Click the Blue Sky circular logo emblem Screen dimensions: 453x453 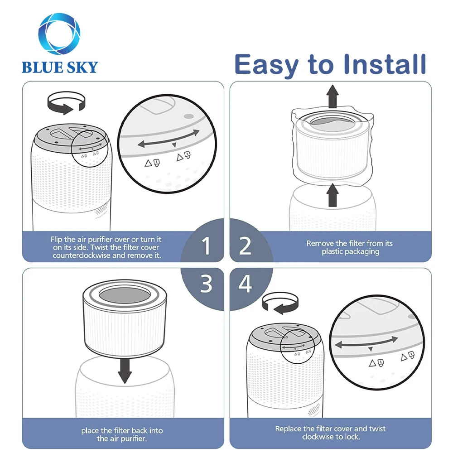59,34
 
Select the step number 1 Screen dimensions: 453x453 206,246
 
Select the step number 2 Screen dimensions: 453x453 245,246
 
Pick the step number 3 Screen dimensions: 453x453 206,284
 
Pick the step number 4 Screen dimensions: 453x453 245,284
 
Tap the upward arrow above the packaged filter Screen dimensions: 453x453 333,96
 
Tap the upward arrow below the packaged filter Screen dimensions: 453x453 333,195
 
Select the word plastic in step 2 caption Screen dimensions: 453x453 333,251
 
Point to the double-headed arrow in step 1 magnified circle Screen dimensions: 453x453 169,139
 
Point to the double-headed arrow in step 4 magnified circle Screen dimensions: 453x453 366,342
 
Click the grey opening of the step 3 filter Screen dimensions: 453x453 125,296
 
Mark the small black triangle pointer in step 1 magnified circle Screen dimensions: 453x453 174,145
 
